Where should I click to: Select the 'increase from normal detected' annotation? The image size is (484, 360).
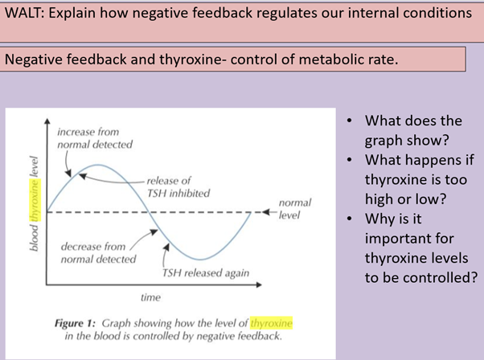tap(94, 137)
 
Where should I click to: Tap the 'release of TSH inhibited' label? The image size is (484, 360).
tap(178, 186)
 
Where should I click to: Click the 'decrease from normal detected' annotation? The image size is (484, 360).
tap(93, 252)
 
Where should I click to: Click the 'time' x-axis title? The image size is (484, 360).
tap(150, 297)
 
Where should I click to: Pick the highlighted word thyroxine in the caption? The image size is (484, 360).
tap(273, 323)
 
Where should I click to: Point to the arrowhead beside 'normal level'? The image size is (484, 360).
tap(264, 212)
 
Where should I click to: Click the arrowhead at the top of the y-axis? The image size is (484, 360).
tap(46, 121)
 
